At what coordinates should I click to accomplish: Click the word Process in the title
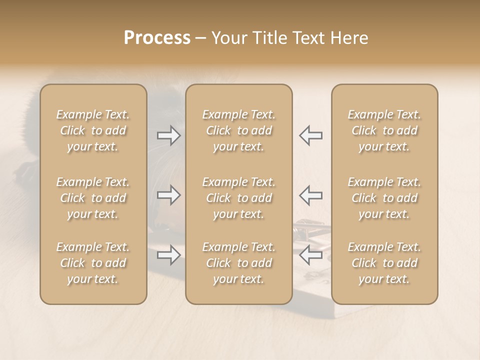tap(157, 38)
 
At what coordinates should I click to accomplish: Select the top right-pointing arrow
tap(169, 135)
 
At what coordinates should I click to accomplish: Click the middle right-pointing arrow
tap(169, 195)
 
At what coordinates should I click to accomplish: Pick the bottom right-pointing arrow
tap(169, 255)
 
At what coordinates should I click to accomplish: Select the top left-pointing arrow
tap(310, 135)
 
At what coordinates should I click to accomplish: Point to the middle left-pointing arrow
tap(310, 195)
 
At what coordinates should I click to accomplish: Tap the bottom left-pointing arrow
tap(310, 255)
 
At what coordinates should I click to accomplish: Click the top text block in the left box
tap(93, 130)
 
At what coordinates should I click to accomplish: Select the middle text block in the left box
tap(93, 198)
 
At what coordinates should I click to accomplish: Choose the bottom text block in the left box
tap(93, 263)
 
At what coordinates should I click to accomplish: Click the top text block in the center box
tap(239, 130)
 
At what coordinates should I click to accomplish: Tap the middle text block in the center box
tap(239, 198)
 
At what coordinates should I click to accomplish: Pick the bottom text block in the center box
tap(239, 263)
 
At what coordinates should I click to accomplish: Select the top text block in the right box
tap(384, 130)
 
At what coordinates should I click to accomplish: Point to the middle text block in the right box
tap(384, 198)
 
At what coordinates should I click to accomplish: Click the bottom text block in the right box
tap(384, 263)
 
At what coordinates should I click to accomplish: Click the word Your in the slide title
tap(230, 38)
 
